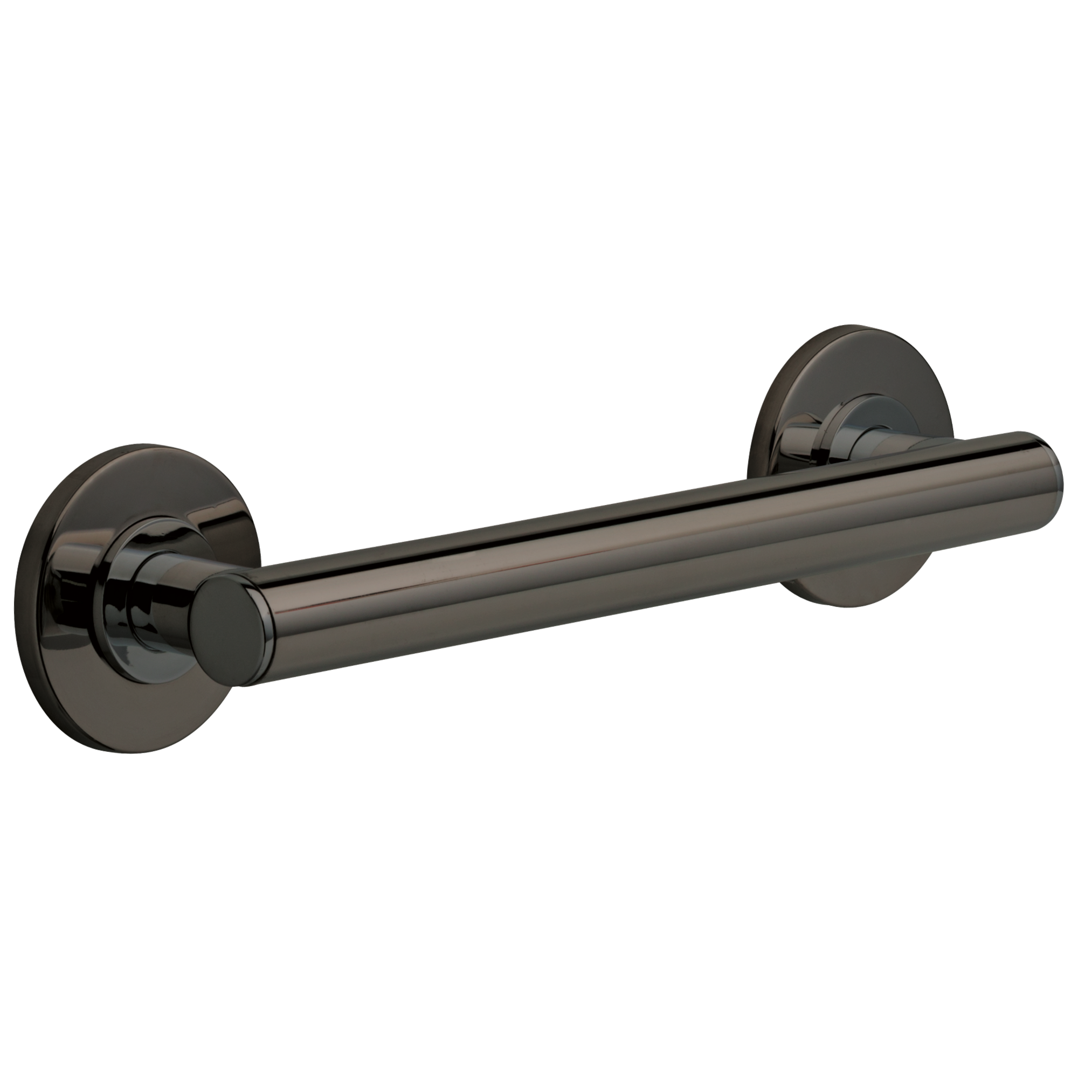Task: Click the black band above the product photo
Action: pos(539,162)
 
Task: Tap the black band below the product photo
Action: pos(539,915)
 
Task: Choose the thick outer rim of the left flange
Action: pos(28,641)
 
